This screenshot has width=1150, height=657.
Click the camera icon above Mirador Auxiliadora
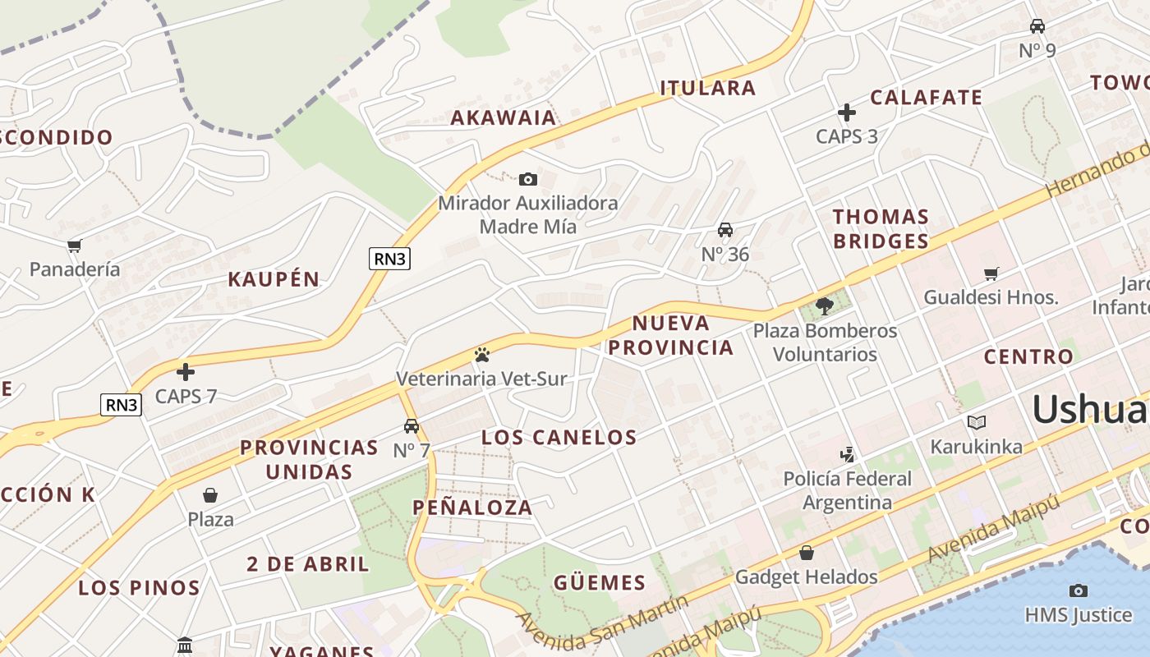(x=528, y=179)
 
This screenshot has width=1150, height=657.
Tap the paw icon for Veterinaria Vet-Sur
(x=482, y=355)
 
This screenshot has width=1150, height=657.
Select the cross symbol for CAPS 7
(x=186, y=372)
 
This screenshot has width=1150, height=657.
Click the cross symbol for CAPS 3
(x=847, y=113)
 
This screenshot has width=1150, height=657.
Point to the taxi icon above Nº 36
(x=725, y=230)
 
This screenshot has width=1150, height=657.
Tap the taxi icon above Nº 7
(x=412, y=426)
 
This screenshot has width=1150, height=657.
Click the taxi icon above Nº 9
(x=1037, y=26)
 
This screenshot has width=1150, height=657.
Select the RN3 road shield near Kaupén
(x=389, y=259)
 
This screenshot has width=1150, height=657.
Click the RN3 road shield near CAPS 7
(x=121, y=404)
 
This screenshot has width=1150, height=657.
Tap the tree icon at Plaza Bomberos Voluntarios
(x=825, y=306)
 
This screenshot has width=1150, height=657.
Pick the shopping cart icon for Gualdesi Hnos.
(x=991, y=273)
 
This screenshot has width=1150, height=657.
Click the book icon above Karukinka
(x=976, y=422)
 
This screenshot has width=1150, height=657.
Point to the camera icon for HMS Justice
(x=1078, y=590)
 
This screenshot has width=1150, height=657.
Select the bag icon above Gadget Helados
(x=807, y=553)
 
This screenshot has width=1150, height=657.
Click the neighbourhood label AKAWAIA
(x=504, y=117)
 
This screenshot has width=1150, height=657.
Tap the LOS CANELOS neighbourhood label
(x=559, y=437)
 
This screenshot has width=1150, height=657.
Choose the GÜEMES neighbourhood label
(x=600, y=583)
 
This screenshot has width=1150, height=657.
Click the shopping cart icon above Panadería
(x=75, y=246)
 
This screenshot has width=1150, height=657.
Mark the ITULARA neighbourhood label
(x=707, y=88)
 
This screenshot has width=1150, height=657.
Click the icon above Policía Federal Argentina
(x=847, y=454)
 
